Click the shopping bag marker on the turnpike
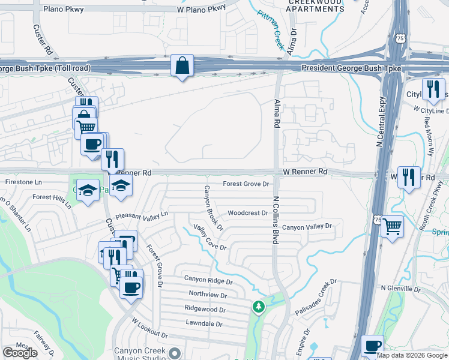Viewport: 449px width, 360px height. (182, 65)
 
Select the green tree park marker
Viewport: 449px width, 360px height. (259, 307)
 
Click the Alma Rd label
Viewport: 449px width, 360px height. (277, 113)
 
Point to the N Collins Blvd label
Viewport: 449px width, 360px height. (276, 219)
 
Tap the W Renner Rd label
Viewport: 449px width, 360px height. (306, 172)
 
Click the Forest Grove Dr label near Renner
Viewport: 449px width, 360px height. (246, 184)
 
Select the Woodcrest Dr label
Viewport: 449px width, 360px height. (247, 213)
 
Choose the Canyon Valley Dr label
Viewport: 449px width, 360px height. (307, 227)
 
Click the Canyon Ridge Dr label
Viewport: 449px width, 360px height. (208, 280)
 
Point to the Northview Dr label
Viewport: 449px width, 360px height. (208, 295)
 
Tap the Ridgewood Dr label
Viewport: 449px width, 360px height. (205, 310)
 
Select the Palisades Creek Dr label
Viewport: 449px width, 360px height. (318, 297)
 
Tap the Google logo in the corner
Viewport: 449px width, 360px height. (20, 353)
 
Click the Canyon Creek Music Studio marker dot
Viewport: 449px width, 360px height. (175, 353)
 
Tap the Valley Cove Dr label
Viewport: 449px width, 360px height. (209, 237)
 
